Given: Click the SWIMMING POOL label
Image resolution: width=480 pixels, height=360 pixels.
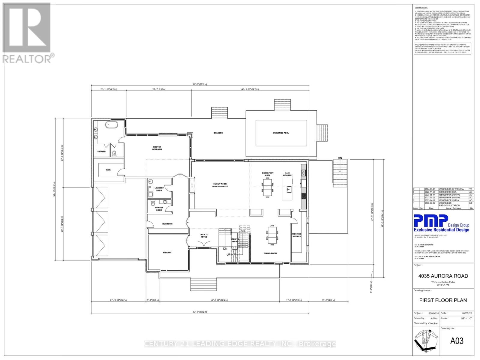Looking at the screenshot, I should tap(281, 133).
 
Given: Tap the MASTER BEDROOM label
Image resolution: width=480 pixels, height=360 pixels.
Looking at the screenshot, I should tap(157, 148).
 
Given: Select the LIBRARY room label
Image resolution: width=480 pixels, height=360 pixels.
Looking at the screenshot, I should tap(167, 253).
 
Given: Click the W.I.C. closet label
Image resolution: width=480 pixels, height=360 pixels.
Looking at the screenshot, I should tap(108, 170).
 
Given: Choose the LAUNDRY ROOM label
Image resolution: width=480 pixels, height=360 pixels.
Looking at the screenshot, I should tap(159, 189).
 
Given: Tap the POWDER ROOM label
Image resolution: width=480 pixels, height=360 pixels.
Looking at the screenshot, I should tap(159, 209).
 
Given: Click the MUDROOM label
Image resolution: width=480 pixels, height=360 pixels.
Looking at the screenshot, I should tap(167, 224).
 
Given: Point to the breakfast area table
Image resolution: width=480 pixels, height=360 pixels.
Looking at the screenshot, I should tap(267, 187).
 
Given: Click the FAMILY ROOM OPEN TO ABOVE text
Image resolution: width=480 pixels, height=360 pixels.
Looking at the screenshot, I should tap(220, 185).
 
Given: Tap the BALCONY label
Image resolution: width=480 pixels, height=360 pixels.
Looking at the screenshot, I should tap(218, 133).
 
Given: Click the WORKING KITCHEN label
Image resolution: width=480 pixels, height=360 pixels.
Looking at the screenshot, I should tap(297, 235).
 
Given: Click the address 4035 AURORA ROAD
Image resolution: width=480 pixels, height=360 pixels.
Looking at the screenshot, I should tap(443, 276).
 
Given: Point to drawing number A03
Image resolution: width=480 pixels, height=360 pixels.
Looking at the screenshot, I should tap(457, 341).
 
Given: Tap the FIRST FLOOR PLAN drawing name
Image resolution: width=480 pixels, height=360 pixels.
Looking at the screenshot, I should tap(443, 300).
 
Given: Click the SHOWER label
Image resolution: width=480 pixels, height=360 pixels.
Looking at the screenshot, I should tap(101, 151).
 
